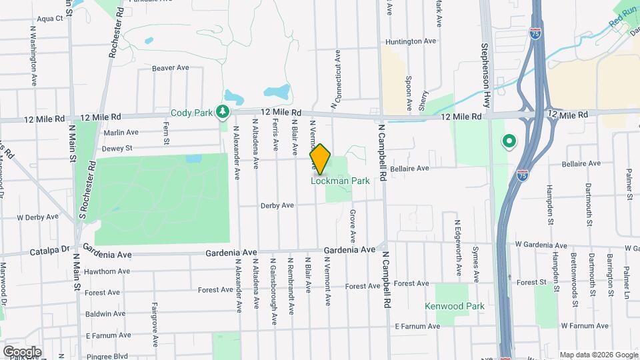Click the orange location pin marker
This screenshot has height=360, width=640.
tap(321, 159)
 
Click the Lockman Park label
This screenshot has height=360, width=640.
tap(340, 181)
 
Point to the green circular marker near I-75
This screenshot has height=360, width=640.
tap(509, 141)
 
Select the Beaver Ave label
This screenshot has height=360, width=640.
tap(171, 68)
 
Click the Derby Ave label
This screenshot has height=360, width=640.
tap(278, 205)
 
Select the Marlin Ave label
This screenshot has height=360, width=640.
tap(121, 132)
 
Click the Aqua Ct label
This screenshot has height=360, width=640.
tap(49, 19)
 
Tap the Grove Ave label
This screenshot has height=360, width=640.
tap(352, 227)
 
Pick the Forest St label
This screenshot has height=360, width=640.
tap(531, 282)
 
